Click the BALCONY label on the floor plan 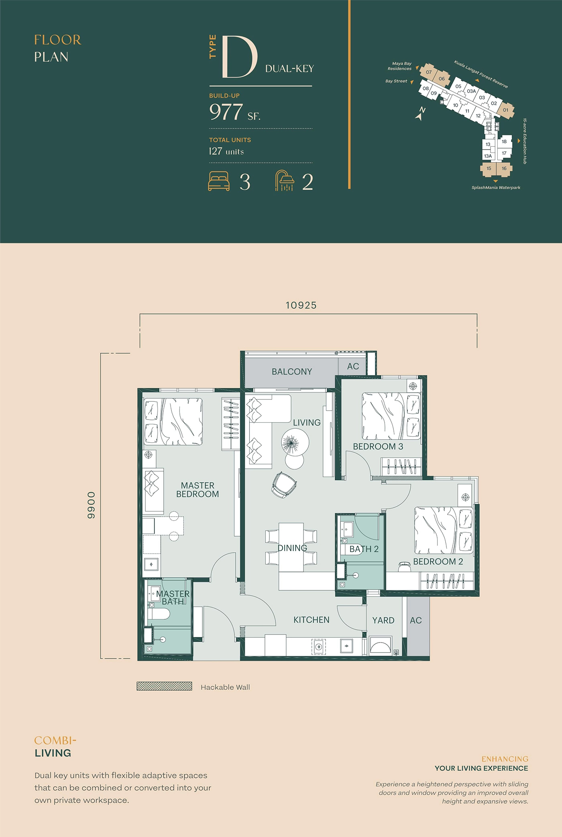click(x=292, y=372)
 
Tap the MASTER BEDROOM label click(x=198, y=490)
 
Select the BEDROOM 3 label click(x=378, y=446)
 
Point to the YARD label click(x=383, y=620)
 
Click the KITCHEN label click(x=311, y=620)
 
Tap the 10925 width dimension click(x=301, y=305)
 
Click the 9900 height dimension click(x=92, y=505)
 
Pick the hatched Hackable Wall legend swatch click(x=164, y=686)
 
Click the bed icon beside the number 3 click(x=219, y=181)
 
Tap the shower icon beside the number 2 click(x=284, y=180)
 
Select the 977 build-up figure click(x=226, y=112)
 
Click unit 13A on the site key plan click(x=488, y=156)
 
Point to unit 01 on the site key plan click(x=505, y=110)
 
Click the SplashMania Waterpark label click(x=496, y=187)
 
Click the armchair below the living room click(x=284, y=485)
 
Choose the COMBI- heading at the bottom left click(x=55, y=740)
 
